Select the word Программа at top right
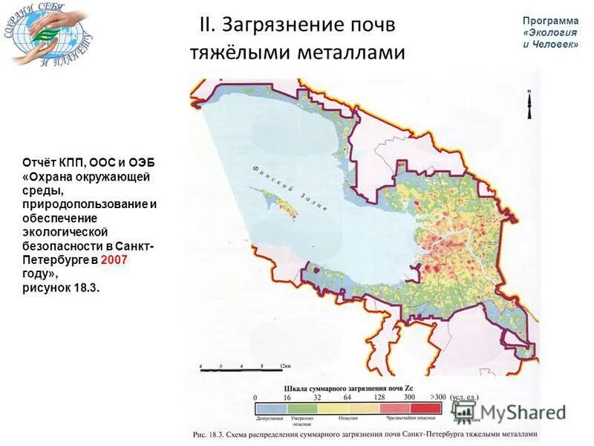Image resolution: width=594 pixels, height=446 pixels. point(550,21)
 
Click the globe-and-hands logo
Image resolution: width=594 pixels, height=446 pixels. point(49,37)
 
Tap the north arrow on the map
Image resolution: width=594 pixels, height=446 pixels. point(529,104)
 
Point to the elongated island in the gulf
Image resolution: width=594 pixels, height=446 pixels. point(276,201)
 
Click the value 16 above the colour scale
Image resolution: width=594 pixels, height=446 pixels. point(290,398)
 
